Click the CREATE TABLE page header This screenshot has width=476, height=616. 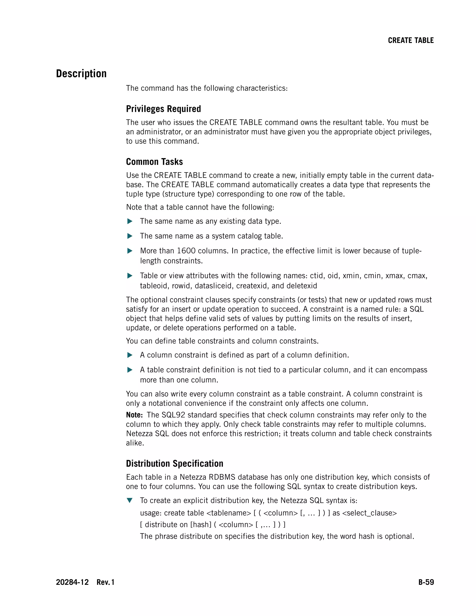click(411, 40)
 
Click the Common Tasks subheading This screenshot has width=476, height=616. click(154, 162)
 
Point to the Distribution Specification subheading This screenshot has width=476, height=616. click(175, 464)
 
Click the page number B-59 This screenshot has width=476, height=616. click(426, 582)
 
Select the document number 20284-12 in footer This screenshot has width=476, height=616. click(72, 582)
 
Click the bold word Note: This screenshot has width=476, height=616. click(134, 415)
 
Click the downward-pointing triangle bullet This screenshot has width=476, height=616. click(130, 500)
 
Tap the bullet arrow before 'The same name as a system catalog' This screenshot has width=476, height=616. click(130, 236)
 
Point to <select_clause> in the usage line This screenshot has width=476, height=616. click(369, 513)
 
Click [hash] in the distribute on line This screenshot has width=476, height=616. click(201, 524)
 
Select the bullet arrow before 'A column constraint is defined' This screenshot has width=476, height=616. click(130, 355)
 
